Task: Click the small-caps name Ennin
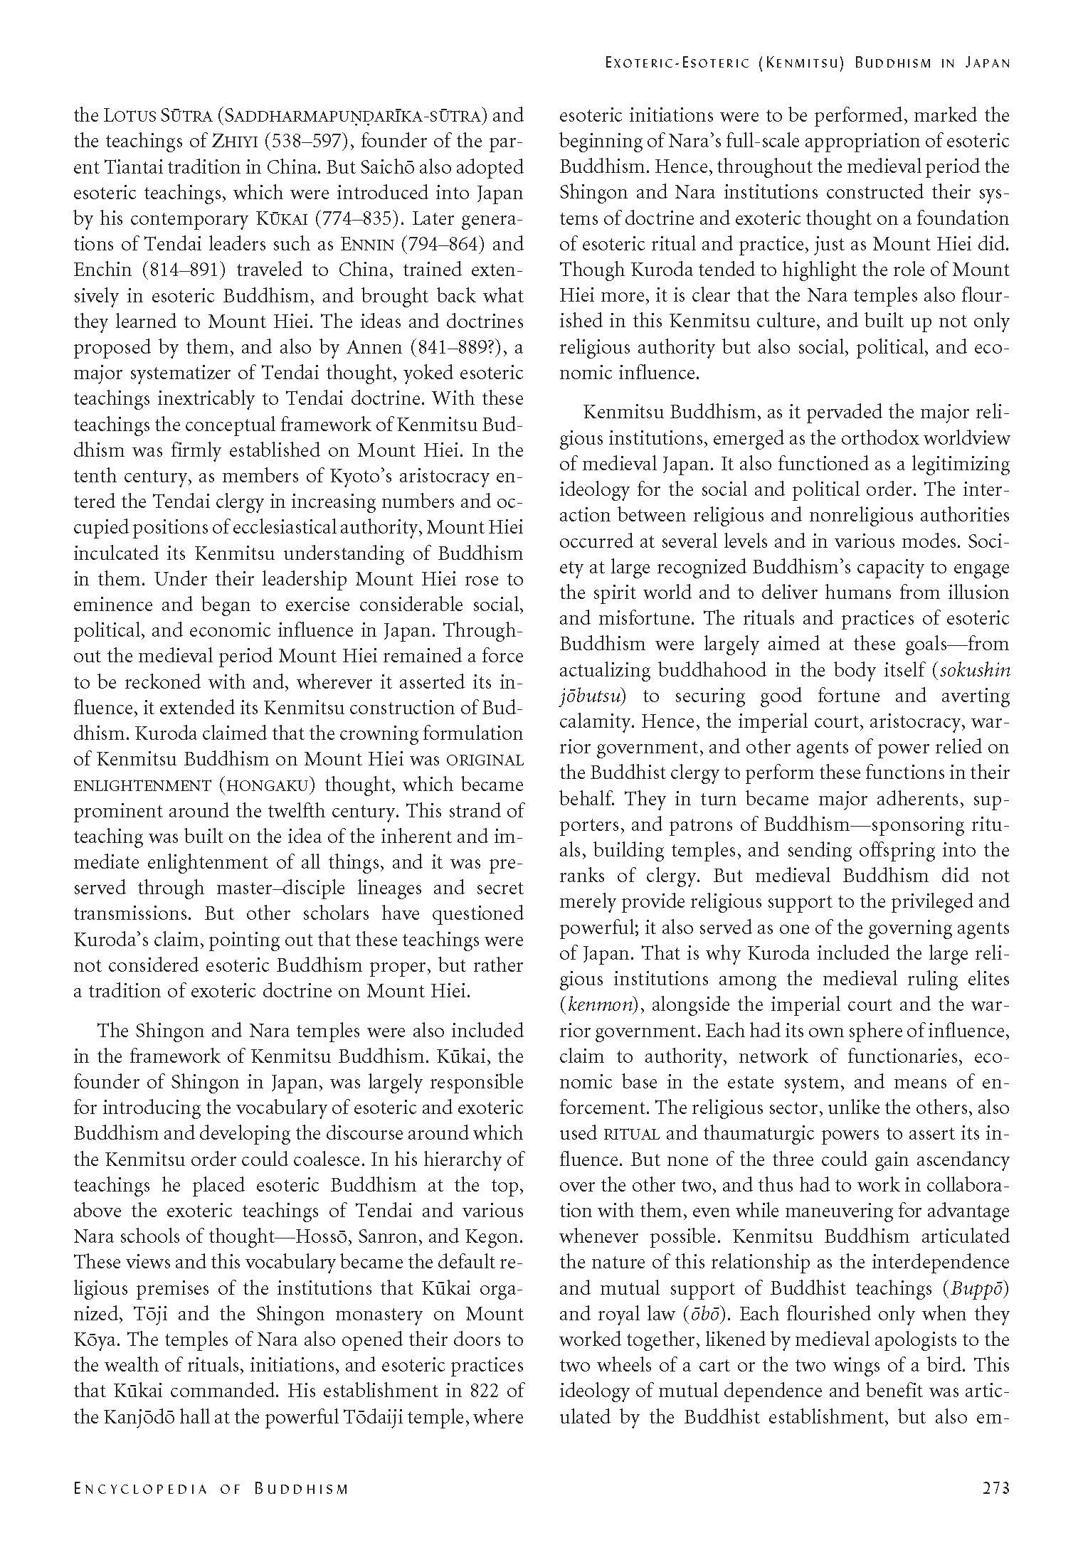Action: [364, 244]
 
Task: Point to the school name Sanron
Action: [391, 1237]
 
